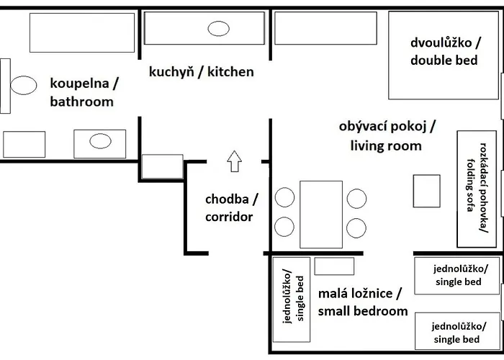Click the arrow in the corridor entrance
234,161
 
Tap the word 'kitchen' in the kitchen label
230,72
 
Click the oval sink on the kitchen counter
219,29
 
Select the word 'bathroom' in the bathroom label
82,102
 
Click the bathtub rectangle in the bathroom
82,32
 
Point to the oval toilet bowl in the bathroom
24,85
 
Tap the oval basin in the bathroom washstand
100,141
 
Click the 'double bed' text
444,60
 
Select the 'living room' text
386,146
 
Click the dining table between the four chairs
321,215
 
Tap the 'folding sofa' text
471,185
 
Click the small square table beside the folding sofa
426,191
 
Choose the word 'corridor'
229,217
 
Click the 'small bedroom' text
363,311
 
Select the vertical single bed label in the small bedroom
293,298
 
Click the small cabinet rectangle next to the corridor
162,166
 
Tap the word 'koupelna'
79,84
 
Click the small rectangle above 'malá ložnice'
334,266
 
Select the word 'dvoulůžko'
441,42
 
